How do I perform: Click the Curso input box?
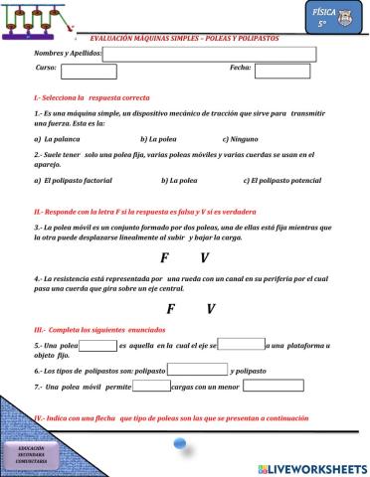89,71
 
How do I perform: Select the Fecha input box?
282,71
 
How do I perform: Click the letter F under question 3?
164,257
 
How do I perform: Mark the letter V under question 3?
204,257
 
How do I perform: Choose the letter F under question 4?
170,309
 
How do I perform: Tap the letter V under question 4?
211,309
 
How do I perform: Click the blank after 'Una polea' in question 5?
97,346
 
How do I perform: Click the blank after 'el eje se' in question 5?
241,345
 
